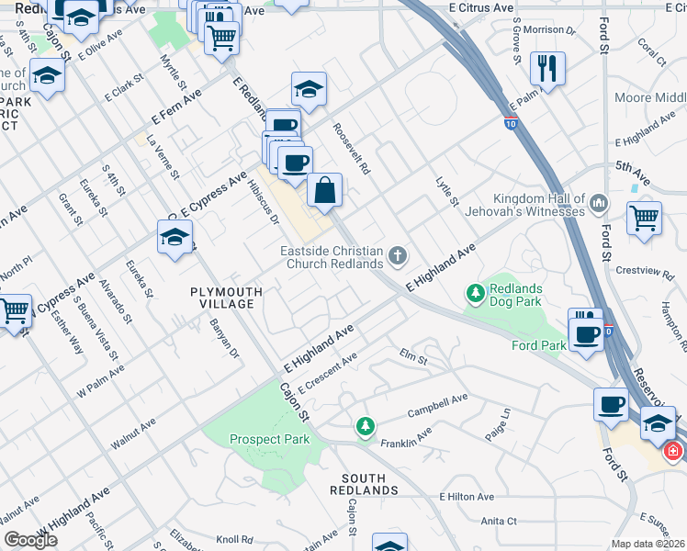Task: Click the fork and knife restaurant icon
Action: (547, 69)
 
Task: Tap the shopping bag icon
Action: (325, 191)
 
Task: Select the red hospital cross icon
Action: (673, 451)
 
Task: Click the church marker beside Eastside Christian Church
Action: (398, 255)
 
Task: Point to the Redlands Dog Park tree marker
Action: (476, 294)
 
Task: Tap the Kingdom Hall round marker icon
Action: (599, 201)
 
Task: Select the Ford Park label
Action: (538, 345)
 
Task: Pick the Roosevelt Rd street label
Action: (352, 149)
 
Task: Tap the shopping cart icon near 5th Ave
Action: (644, 219)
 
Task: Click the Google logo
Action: (30, 540)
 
